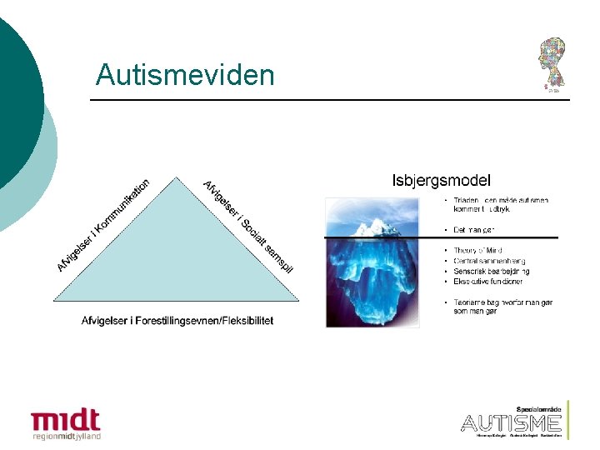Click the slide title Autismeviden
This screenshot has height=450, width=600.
point(184,75)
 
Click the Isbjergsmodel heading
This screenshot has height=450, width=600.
point(441,179)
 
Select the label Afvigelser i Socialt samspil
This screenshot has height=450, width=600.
point(248,226)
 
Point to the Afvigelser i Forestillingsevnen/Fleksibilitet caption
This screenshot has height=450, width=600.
point(177,320)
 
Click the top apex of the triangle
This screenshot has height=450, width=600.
point(176,177)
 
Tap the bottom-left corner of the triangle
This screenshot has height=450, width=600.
point(54,300)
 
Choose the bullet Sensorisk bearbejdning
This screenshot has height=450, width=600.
point(492,271)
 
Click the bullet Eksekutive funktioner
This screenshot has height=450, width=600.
point(488,281)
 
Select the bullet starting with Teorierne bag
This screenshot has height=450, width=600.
point(502,306)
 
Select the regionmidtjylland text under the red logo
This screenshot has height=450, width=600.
point(66,436)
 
